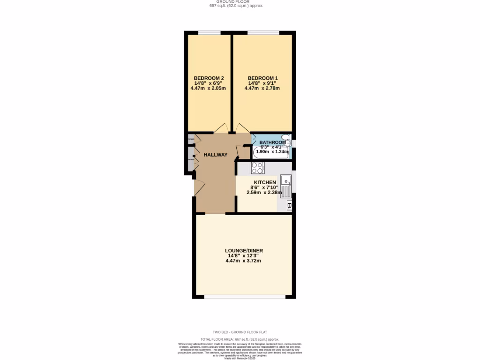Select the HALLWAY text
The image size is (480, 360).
pos(215,155)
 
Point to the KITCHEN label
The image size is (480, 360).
pos(265,182)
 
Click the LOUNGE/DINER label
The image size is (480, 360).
pos(243,251)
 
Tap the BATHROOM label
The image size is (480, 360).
pos(272,142)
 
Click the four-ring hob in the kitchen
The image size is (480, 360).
pos(258,168)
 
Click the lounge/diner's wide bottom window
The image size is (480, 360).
pos(245,297)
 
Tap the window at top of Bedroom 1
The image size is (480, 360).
pos(263,32)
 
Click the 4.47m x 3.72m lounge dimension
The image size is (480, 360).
pos(243,261)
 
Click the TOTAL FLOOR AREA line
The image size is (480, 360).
pos(240,339)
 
